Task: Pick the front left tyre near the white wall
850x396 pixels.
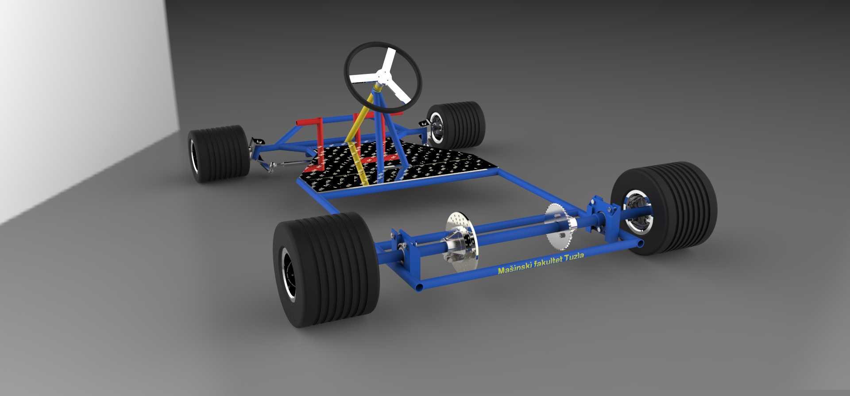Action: (x=218, y=153)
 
